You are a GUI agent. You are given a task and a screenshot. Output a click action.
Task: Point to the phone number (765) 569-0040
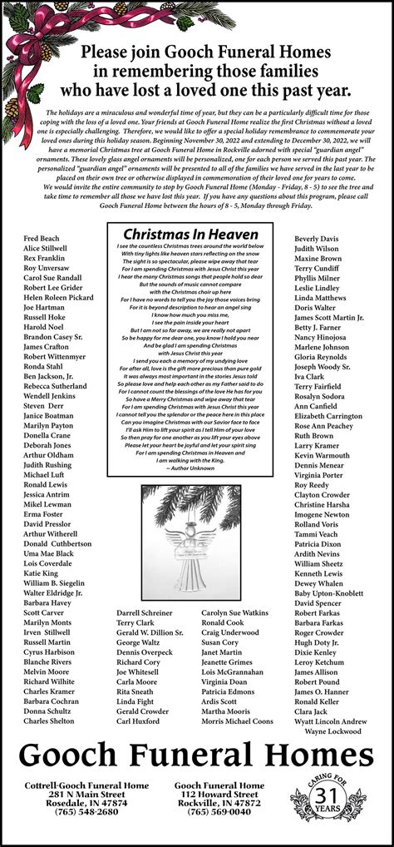click(219, 812)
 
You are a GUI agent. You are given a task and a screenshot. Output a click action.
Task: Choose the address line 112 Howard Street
click(219, 794)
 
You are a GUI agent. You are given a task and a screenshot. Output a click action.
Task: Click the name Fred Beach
click(41, 238)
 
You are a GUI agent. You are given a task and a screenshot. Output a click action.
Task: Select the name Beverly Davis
click(316, 238)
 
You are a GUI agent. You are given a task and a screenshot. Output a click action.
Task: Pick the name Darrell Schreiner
click(145, 612)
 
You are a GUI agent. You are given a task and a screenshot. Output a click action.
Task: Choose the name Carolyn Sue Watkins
click(234, 612)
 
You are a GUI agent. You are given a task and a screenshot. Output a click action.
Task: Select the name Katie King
click(41, 573)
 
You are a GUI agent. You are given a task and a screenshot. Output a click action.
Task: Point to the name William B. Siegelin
click(54, 583)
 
